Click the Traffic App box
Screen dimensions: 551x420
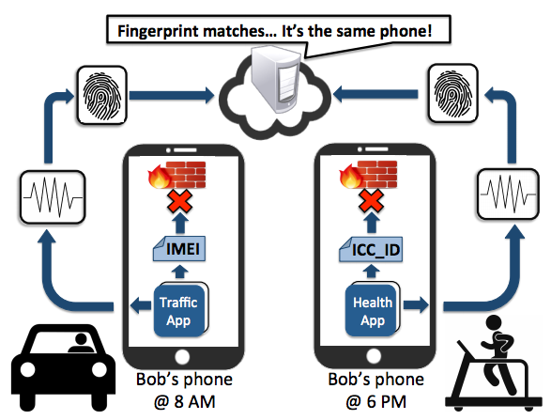pyautogui.click(x=180, y=310)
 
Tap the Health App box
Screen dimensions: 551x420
pyautogui.click(x=373, y=309)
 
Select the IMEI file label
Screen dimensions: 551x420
pyautogui.click(x=179, y=249)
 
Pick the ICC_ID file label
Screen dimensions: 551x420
pyautogui.click(x=371, y=249)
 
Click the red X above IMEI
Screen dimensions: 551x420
pyautogui.click(x=179, y=202)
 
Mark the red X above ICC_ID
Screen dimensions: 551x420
pyautogui.click(x=372, y=201)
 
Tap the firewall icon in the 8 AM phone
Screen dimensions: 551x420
pyautogui.click(x=177, y=175)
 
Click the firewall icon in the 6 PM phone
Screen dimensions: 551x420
pyautogui.click(x=368, y=174)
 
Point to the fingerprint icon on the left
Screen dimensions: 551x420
pyautogui.click(x=102, y=95)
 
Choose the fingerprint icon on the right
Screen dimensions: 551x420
pyautogui.click(x=453, y=94)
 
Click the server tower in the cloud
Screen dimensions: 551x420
pyautogui.click(x=276, y=79)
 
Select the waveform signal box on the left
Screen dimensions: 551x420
pyautogui.click(x=53, y=197)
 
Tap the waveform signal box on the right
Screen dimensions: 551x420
pyautogui.click(x=508, y=194)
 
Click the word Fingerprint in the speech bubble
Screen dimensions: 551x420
pyautogui.click(x=158, y=32)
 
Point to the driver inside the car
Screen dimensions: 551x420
pyautogui.click(x=81, y=343)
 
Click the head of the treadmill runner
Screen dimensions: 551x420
pyautogui.click(x=494, y=323)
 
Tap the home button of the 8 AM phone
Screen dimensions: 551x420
pyautogui.click(x=182, y=357)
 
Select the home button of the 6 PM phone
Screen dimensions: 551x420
pyautogui.click(x=374, y=356)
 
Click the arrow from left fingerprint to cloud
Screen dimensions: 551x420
pyautogui.click(x=172, y=95)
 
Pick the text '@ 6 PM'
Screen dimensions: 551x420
pyautogui.click(x=376, y=402)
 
